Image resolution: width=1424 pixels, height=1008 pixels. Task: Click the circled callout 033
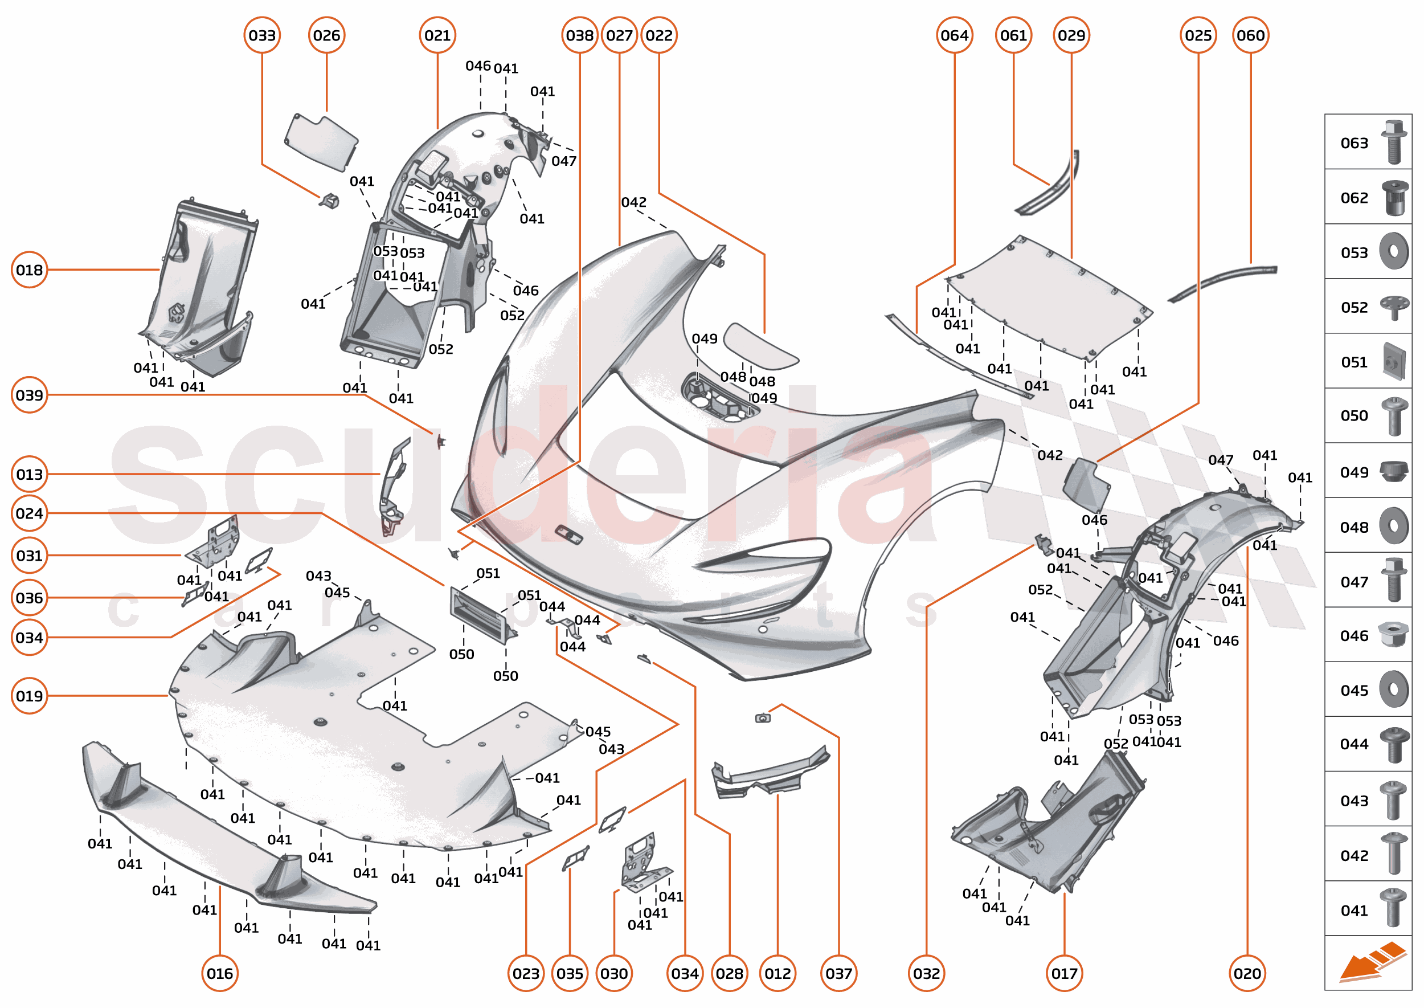262,35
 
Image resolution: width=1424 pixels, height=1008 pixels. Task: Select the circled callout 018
29,270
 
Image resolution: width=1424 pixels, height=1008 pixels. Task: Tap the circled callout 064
954,35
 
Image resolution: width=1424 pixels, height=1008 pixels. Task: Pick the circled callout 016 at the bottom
220,973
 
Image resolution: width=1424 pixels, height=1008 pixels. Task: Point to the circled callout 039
29,395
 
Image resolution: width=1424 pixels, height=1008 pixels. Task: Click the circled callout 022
658,35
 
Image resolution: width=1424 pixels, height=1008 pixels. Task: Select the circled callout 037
838,973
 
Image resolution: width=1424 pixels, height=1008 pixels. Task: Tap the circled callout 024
29,513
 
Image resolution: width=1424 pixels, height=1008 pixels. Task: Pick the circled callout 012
777,973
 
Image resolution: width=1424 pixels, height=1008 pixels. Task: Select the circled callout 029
1071,35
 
